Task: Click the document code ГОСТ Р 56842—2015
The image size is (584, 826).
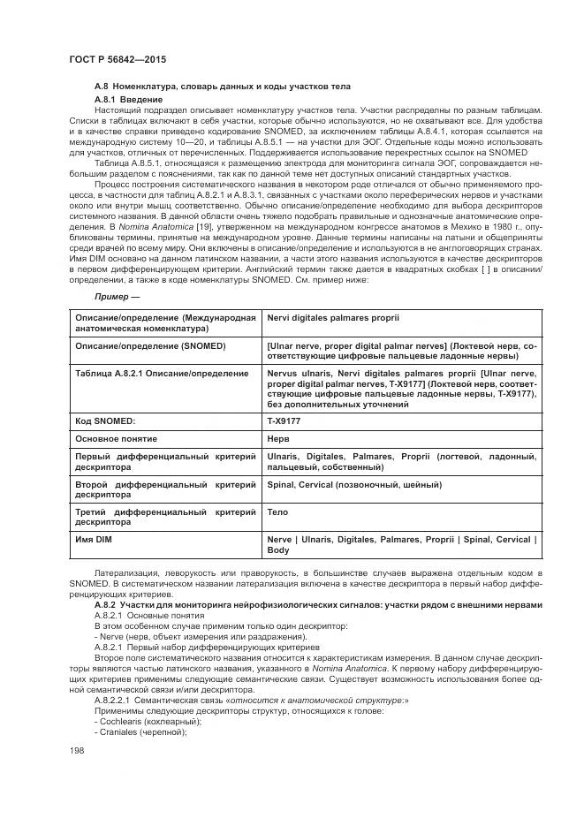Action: pos(117,58)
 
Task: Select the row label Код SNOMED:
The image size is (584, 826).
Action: pos(105,422)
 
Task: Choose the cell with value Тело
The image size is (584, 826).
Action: pos(277,512)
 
